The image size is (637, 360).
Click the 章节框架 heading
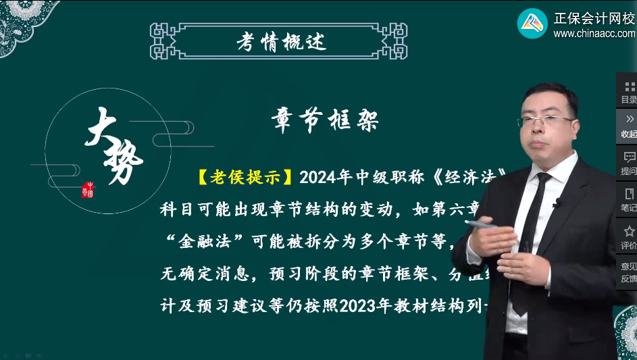(x=325, y=120)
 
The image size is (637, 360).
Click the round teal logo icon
(x=532, y=23)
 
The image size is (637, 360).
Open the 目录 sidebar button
(x=628, y=92)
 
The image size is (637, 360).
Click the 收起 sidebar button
(x=628, y=126)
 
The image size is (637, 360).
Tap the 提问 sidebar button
(x=628, y=163)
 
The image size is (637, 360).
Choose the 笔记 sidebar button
(x=628, y=200)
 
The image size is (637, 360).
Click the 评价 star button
(x=628, y=237)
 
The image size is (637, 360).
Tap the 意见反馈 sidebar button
(x=628, y=273)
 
